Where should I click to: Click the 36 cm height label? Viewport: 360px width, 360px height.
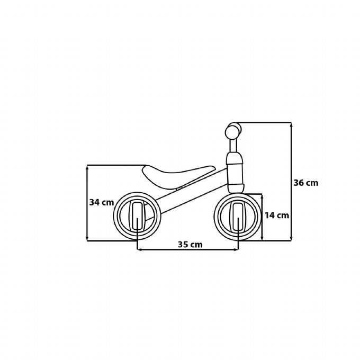pyautogui.click(x=305, y=183)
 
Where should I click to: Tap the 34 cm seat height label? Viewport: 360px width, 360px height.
pyautogui.click(x=102, y=202)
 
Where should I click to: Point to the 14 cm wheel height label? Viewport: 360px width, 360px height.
pyautogui.click(x=277, y=215)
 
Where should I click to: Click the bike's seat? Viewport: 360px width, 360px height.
pyautogui.click(x=177, y=174)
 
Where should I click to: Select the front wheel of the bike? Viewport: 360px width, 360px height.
pyautogui.click(x=239, y=218)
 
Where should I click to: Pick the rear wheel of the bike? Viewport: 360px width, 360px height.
pyautogui.click(x=137, y=218)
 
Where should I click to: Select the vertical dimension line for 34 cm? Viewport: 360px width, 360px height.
pyautogui.click(x=88, y=222)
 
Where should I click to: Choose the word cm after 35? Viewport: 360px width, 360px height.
pyautogui.click(x=197, y=245)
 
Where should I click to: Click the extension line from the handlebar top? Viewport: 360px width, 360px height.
pyautogui.click(x=265, y=123)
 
